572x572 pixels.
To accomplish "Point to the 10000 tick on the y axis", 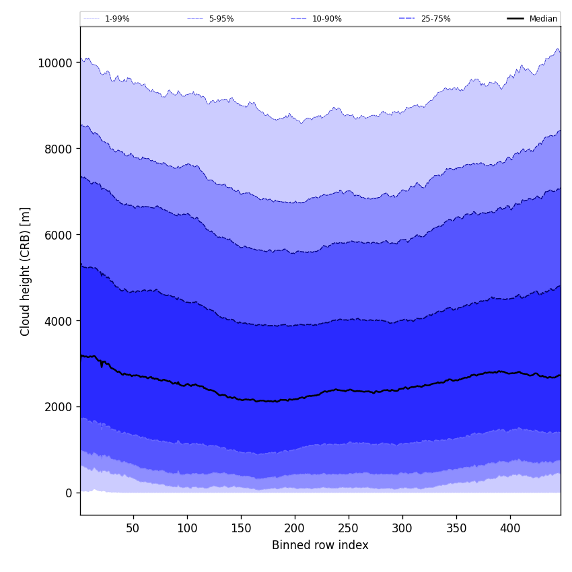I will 55,63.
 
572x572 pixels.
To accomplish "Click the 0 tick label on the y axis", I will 69,493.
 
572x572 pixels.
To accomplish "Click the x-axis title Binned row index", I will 320,545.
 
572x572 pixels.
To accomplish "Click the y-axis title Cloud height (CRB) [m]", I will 26,271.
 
